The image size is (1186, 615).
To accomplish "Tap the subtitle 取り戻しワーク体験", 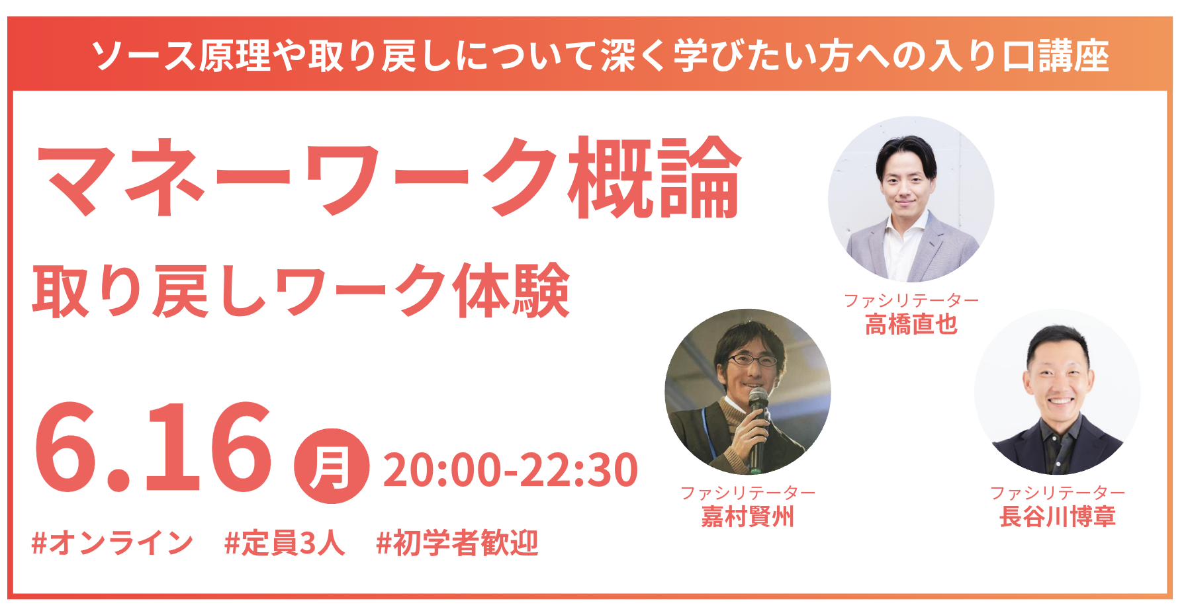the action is point(301,291).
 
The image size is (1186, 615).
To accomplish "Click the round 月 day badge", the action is point(332,466).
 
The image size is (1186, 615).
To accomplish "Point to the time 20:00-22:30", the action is point(510,470).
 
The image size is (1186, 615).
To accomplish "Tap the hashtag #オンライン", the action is point(113,544).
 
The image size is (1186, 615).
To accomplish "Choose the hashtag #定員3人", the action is point(285,544).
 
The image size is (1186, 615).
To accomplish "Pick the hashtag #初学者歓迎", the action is point(457,544).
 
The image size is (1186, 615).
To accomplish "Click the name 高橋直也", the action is point(911,325).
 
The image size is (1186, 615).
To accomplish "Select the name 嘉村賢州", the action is point(748,516).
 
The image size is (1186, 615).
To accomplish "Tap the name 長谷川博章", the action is point(1058,516).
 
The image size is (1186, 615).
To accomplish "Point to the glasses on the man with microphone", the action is point(753,360).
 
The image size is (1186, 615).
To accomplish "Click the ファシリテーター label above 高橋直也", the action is point(911,300).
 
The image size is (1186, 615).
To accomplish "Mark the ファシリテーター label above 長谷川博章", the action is point(1058,493).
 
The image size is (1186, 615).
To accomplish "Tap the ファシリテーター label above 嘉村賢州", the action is point(748,493).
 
